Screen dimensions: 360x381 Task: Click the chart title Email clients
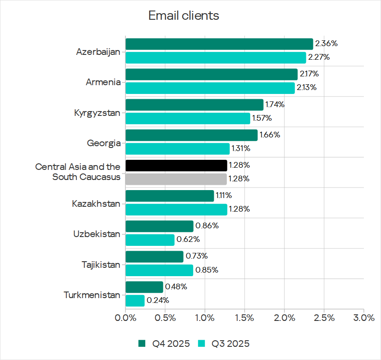click(183, 16)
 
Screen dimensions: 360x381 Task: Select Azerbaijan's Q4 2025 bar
click(219, 44)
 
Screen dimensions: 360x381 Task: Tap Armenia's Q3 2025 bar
click(210, 88)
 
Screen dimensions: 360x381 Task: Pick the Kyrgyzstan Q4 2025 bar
click(194, 105)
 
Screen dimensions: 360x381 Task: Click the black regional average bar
click(176, 166)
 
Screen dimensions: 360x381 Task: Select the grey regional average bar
click(176, 179)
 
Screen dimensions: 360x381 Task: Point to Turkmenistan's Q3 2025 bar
click(135, 301)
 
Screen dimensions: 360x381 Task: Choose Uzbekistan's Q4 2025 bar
click(159, 226)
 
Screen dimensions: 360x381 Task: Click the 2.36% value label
click(326, 43)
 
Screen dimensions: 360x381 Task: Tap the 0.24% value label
click(158, 301)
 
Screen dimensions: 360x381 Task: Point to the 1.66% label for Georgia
click(270, 135)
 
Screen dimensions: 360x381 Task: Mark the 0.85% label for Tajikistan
click(207, 270)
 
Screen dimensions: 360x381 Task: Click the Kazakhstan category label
click(96, 204)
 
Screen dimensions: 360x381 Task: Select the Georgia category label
click(104, 143)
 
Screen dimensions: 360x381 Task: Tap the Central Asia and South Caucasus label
click(78, 172)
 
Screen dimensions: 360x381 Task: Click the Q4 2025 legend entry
click(164, 344)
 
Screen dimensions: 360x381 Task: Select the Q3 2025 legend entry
click(224, 344)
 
